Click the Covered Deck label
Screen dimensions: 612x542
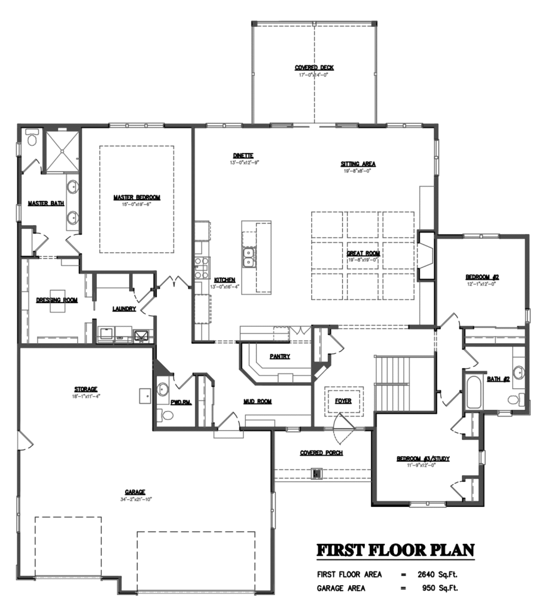point(314,68)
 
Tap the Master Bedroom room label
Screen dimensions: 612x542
point(137,197)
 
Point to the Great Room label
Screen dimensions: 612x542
point(363,253)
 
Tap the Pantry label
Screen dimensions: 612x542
point(279,356)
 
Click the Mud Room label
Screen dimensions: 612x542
point(257,402)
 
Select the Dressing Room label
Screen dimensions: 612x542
point(57,300)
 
